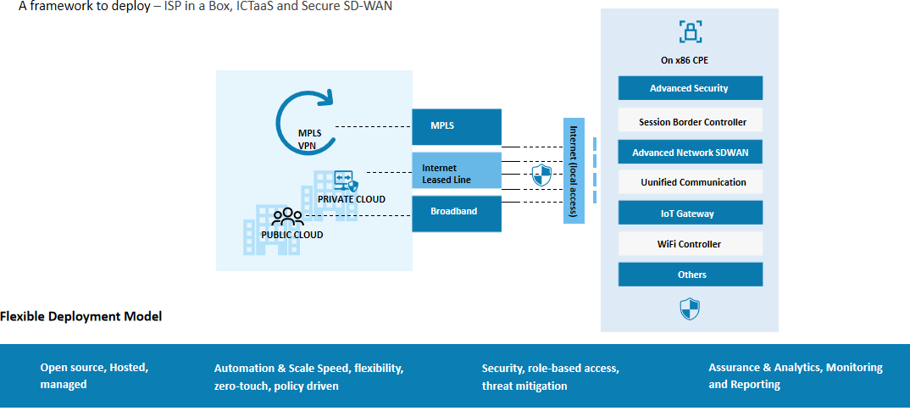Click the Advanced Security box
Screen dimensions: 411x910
(x=690, y=88)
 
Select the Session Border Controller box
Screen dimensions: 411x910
(x=690, y=122)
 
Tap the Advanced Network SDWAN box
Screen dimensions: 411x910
(x=690, y=153)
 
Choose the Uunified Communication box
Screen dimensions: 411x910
(x=690, y=182)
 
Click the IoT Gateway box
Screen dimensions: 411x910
(x=690, y=214)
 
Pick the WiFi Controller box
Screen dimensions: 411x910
(x=690, y=244)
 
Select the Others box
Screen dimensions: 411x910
(x=690, y=275)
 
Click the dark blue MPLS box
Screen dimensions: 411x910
(x=457, y=126)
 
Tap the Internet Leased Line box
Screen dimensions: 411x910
(x=457, y=174)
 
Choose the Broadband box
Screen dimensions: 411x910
(x=457, y=213)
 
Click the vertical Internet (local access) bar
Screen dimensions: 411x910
(x=574, y=170)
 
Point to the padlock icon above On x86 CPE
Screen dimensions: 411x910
(x=691, y=32)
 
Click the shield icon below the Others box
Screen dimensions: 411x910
(x=690, y=308)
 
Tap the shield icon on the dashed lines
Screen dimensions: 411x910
(x=541, y=175)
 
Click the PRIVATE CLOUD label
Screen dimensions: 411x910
(x=351, y=199)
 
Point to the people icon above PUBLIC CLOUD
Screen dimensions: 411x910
(x=287, y=217)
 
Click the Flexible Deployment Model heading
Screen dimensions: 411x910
(x=80, y=316)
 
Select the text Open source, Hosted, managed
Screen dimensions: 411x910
(x=94, y=375)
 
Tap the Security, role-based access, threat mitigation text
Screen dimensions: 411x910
(x=550, y=377)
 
